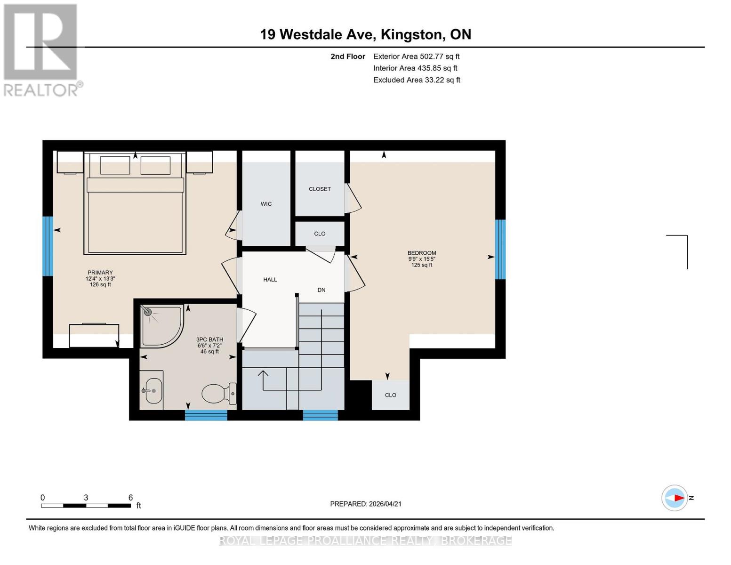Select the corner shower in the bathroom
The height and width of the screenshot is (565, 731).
(160, 324)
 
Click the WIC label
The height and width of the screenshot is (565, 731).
(266, 204)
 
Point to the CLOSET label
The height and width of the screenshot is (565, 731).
(320, 189)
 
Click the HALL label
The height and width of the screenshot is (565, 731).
(270, 280)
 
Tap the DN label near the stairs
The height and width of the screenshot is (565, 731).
(321, 290)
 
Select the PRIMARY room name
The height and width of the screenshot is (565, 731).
(100, 273)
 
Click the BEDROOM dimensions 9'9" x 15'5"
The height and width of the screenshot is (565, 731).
(421, 259)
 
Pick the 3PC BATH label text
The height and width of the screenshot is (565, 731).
(209, 339)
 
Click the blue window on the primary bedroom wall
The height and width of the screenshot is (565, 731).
(48, 246)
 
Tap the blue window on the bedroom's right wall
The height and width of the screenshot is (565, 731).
(500, 249)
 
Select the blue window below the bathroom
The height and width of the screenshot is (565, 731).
(206, 415)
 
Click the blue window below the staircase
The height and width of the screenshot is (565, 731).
(320, 415)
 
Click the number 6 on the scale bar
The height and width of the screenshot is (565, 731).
(130, 498)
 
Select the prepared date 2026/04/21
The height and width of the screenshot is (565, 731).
(385, 504)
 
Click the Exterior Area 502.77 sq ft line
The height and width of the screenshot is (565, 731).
(416, 56)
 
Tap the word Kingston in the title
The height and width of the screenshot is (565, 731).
(411, 34)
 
